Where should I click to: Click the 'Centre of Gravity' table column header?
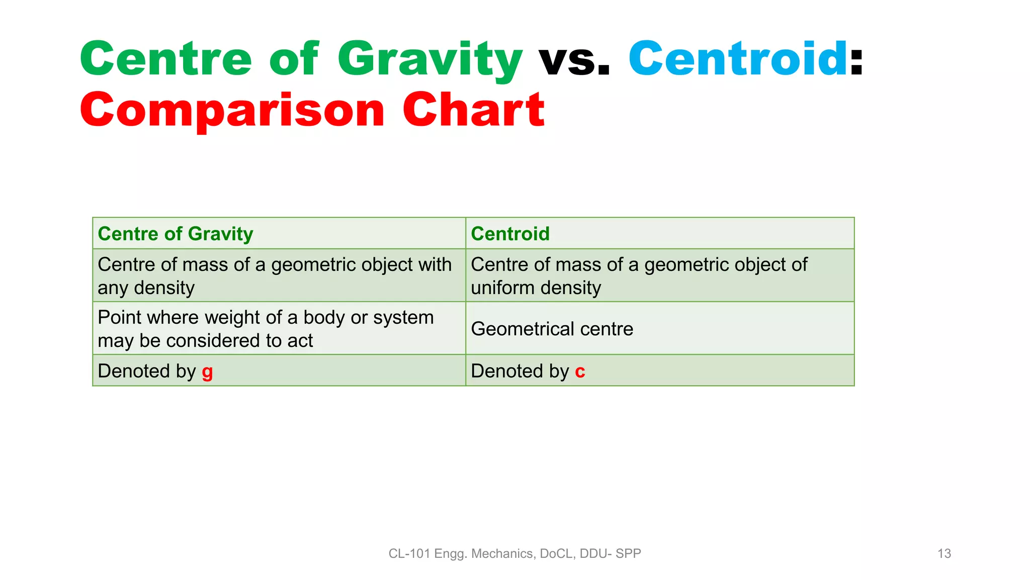point(175,234)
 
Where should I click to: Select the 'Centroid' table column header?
point(510,234)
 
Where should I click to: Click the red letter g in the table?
point(207,372)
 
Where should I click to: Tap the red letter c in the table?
point(580,372)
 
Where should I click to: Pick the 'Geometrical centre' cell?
point(552,329)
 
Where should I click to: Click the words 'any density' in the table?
point(146,288)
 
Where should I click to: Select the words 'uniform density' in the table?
point(536,288)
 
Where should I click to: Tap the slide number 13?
point(944,554)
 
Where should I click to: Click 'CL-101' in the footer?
point(409,554)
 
